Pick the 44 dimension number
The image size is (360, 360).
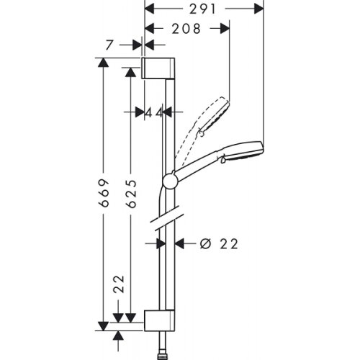153,112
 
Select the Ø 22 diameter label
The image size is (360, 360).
217,244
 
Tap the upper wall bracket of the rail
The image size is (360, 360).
158,68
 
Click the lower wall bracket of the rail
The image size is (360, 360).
158,320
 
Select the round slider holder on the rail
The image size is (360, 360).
170,181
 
